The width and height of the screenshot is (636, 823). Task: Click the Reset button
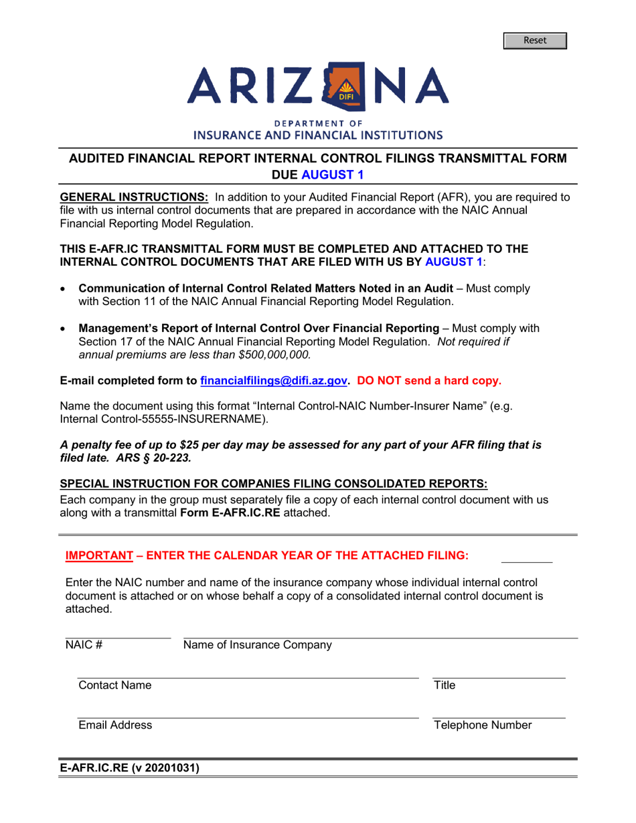click(x=536, y=41)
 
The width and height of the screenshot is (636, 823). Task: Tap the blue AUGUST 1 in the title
click(x=333, y=175)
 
